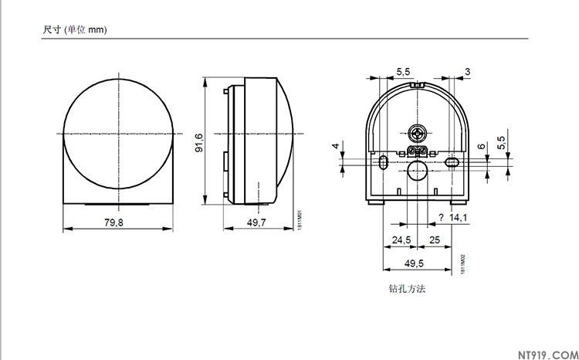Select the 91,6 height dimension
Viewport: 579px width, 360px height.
[x=198, y=141]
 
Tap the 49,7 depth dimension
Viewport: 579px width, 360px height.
[x=256, y=222]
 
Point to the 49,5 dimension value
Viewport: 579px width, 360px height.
[x=414, y=263]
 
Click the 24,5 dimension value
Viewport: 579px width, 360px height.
[x=401, y=240]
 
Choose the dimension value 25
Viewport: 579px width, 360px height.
[x=435, y=240]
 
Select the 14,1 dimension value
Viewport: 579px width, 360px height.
[x=459, y=218]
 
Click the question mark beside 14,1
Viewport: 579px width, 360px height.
[x=441, y=218]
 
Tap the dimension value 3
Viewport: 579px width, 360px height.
[x=467, y=71]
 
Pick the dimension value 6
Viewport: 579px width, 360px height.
[x=481, y=146]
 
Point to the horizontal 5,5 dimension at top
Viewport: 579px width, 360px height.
[x=403, y=71]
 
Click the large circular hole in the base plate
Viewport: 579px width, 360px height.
[x=418, y=170]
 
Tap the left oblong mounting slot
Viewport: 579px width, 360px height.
[x=384, y=162]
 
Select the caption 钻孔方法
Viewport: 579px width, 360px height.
[x=408, y=289]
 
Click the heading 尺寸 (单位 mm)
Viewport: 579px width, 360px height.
[x=74, y=30]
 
